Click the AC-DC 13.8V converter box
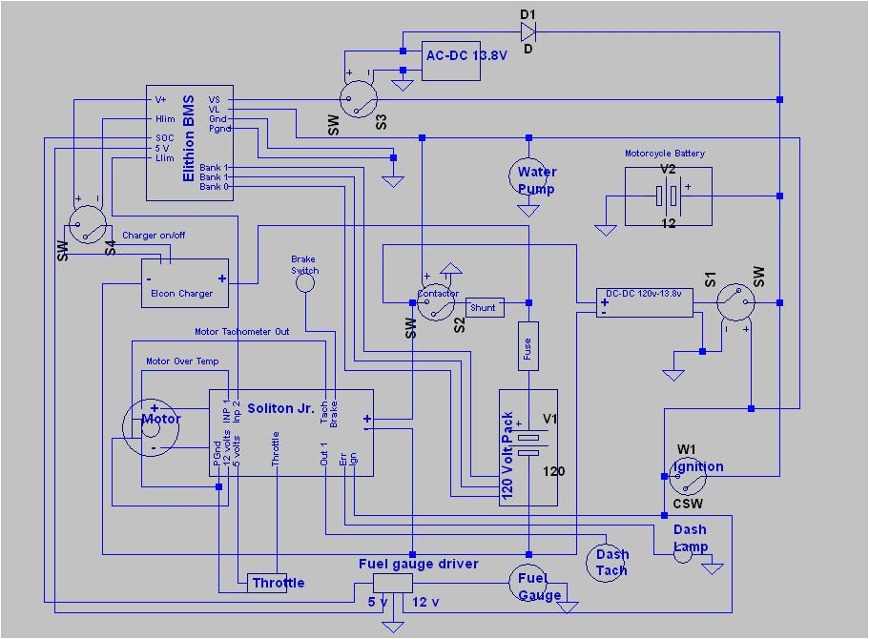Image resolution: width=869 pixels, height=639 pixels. coord(466,61)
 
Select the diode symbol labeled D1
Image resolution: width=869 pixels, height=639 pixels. coord(528,31)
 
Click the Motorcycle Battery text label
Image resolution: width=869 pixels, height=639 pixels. coord(665,154)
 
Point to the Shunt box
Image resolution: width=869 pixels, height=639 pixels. coord(484,307)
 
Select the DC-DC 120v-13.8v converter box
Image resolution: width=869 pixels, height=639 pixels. coord(644,302)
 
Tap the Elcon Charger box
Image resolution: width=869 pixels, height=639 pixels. coord(184,283)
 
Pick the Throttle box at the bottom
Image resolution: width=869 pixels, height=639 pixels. coord(278,583)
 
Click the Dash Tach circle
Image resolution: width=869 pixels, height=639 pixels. coord(609,562)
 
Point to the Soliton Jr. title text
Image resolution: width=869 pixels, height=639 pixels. coord(280,408)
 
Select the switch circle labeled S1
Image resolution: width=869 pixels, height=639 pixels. coord(735,302)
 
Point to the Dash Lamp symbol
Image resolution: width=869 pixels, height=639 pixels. coord(682,554)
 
